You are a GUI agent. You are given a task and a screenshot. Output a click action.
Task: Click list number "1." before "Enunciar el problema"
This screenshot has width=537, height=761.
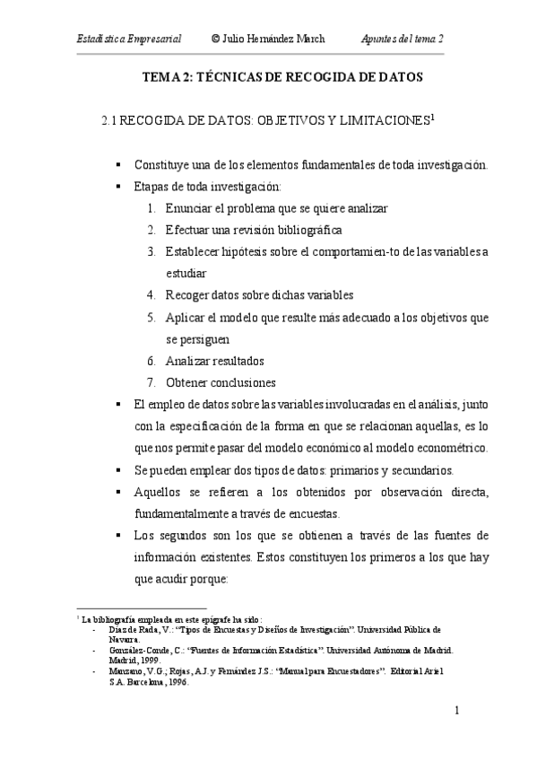tap(152, 208)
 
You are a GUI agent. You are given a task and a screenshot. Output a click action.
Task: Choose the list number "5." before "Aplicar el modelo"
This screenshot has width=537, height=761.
tap(152, 317)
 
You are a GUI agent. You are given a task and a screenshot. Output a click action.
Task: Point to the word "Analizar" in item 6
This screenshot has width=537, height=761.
tap(190, 360)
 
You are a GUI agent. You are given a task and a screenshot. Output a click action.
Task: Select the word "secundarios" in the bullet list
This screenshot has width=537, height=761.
tap(421, 468)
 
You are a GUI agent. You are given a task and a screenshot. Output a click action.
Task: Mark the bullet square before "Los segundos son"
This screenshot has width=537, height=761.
tap(118, 536)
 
